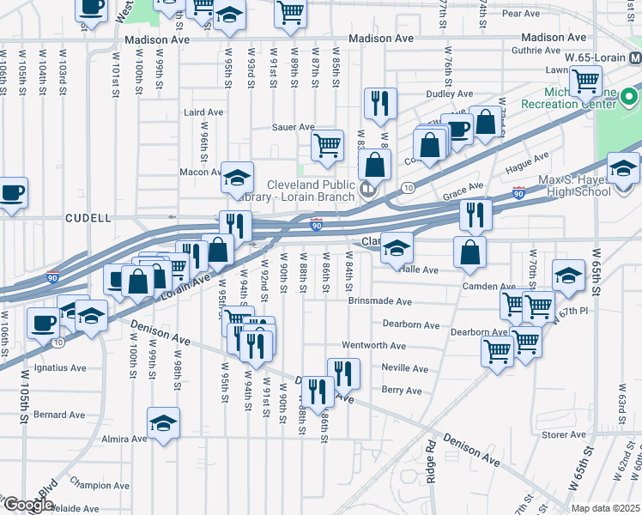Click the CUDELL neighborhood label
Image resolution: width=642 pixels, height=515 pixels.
click(x=88, y=218)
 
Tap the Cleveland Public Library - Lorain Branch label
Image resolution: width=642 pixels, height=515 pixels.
click(x=311, y=191)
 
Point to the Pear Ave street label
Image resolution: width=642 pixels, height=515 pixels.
click(x=520, y=14)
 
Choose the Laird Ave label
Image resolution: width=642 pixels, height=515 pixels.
click(x=203, y=112)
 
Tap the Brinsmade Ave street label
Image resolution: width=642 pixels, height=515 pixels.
click(x=380, y=301)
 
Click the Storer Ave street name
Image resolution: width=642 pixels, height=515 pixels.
click(x=564, y=435)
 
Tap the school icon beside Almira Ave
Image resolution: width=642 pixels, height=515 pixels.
click(x=163, y=423)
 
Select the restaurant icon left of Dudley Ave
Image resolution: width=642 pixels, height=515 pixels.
click(x=379, y=104)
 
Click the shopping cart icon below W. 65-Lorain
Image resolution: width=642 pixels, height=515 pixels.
click(x=584, y=82)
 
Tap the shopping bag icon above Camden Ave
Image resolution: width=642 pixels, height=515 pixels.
click(x=470, y=252)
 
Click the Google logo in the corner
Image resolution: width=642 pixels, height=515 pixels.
click(x=27, y=506)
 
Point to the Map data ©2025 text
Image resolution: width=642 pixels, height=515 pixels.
click(x=605, y=508)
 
